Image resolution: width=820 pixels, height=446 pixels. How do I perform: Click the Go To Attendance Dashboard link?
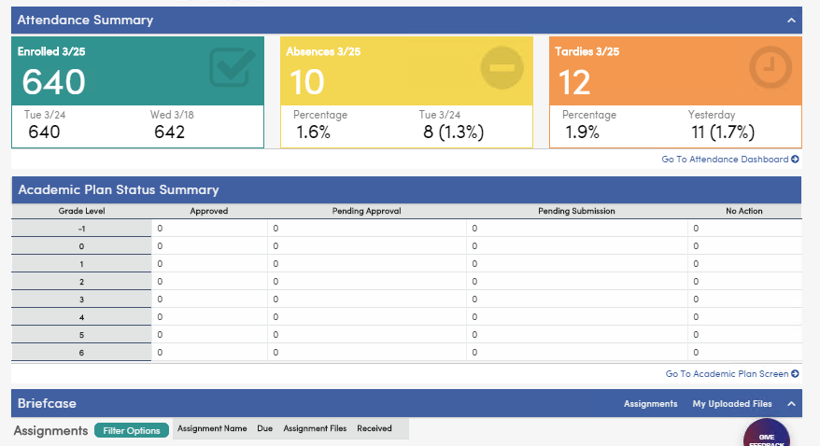729,160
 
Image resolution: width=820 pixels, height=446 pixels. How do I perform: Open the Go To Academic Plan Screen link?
731,374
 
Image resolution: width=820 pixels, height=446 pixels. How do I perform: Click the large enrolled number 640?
53,83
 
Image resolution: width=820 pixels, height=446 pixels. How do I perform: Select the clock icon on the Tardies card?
771,67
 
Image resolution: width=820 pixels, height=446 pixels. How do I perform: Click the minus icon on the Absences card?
502,67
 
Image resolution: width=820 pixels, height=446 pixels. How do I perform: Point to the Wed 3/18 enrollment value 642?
169,132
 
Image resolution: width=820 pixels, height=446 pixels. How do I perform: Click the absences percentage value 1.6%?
313,132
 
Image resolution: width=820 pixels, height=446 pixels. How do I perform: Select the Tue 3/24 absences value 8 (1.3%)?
453,132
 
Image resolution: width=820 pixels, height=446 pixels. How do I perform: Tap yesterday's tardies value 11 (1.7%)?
722,132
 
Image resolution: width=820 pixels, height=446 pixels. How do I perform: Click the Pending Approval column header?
366,211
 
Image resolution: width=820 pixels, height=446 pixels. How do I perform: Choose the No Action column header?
743,211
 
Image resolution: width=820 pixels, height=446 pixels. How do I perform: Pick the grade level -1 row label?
81,229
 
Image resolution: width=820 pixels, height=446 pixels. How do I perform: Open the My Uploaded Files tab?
731,404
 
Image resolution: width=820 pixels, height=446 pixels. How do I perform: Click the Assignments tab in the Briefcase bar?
650,404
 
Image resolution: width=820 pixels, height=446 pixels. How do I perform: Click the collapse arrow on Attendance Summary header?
791,20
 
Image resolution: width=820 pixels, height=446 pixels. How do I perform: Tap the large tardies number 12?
575,83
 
